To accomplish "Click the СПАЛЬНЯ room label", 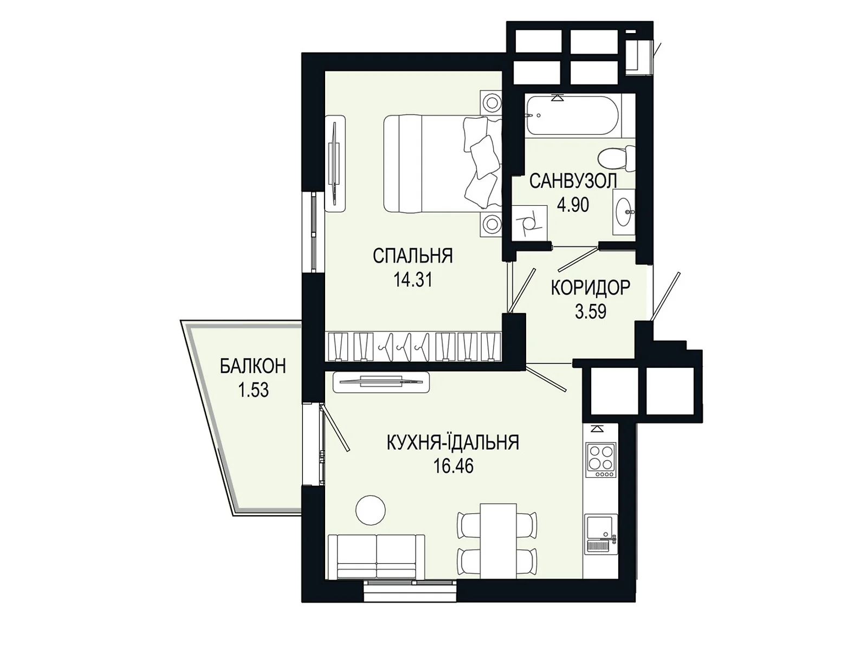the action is tap(412, 256).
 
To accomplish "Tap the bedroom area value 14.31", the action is tap(413, 280).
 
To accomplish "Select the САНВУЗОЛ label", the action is tap(573, 181).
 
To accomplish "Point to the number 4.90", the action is tap(573, 205).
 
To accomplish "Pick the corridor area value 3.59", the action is tap(590, 312).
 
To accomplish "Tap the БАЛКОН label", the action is tap(253, 367).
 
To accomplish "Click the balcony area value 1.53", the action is tap(253, 391).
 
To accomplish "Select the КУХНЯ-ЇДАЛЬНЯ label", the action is tap(452, 443).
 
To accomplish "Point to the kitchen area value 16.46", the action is tap(453, 466).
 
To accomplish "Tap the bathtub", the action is tap(573, 115).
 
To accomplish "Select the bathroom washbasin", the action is tap(624, 212).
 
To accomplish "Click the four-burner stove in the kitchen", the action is tap(600, 460).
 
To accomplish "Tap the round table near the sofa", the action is tap(371, 510).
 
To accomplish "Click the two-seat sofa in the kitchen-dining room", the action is tap(377, 556).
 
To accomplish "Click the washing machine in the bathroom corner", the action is tap(529, 223).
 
